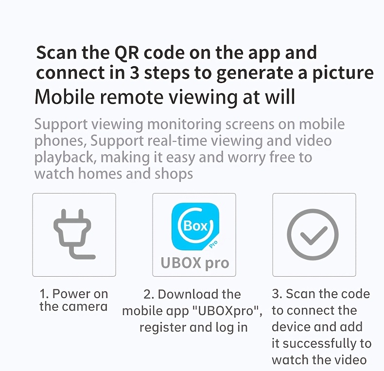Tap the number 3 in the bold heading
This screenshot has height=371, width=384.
pyautogui.click(x=134, y=73)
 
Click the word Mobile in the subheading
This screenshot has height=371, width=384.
pyautogui.click(x=65, y=97)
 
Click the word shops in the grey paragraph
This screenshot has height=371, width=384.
pyautogui.click(x=174, y=175)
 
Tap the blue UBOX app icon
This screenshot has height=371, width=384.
pyautogui.click(x=195, y=227)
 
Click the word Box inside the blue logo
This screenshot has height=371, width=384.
pyautogui.click(x=195, y=226)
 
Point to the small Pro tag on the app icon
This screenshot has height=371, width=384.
pyautogui.click(x=213, y=244)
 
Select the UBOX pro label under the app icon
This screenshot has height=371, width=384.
pyautogui.click(x=195, y=264)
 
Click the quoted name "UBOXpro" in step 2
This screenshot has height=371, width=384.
pyautogui.click(x=227, y=311)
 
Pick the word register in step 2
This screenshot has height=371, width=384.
pyautogui.click(x=163, y=328)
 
